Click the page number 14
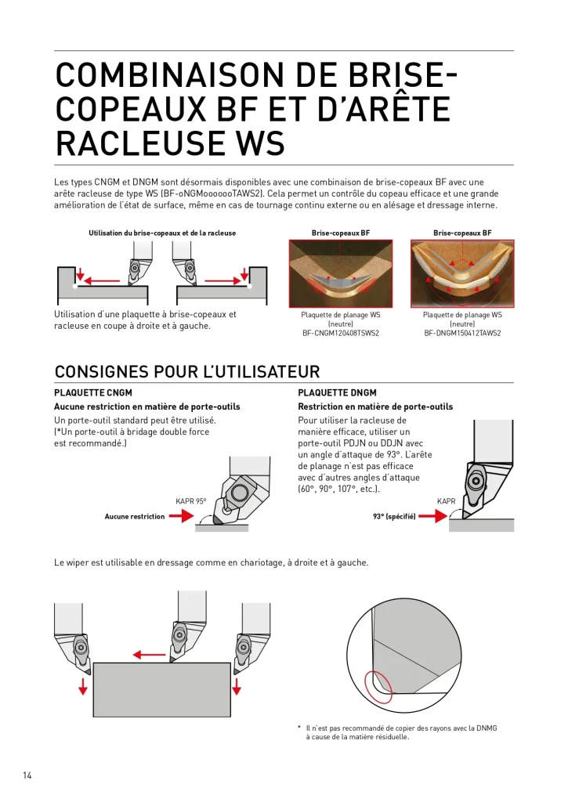pyautogui.click(x=27, y=775)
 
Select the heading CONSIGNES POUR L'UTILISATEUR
pyautogui.click(x=187, y=371)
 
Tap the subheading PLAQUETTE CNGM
pyautogui.click(x=93, y=393)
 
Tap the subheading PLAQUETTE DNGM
pyautogui.click(x=337, y=393)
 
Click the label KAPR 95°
pyautogui.click(x=191, y=501)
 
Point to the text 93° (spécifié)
pyautogui.click(x=394, y=517)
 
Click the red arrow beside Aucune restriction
pyautogui.click(x=181, y=517)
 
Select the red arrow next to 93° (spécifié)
pyautogui.click(x=433, y=517)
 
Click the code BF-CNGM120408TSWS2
pyautogui.click(x=341, y=333)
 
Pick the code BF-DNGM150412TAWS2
pyautogui.click(x=462, y=333)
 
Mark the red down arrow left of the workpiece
pyautogui.click(x=83, y=687)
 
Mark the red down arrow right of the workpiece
pyautogui.click(x=237, y=687)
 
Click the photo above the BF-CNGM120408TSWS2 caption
pyautogui.click(x=341, y=273)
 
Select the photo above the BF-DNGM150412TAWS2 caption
pyautogui.click(x=462, y=273)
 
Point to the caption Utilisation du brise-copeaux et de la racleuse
pyautogui.click(x=162, y=233)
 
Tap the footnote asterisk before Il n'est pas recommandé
pyautogui.click(x=298, y=728)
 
